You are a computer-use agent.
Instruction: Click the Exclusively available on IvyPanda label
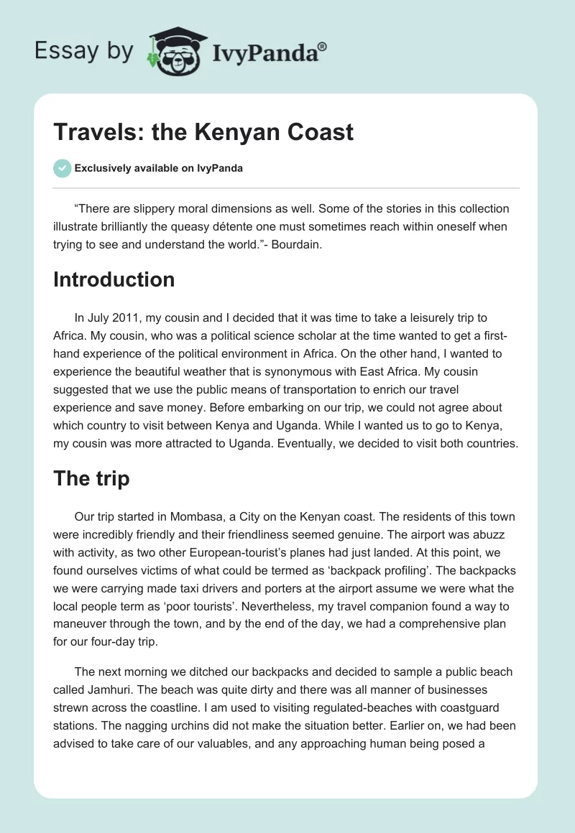(x=159, y=169)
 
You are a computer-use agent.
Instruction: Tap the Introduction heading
(x=114, y=279)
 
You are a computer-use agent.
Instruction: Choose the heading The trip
(x=91, y=479)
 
